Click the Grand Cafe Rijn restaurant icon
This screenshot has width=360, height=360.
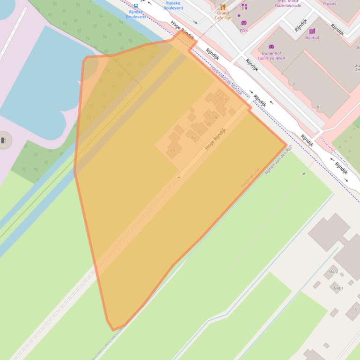point(223,7)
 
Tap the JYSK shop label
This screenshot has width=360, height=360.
point(243,30)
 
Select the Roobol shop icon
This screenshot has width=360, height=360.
point(312,31)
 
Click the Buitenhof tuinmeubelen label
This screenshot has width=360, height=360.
point(271,56)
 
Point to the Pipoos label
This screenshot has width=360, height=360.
point(329,4)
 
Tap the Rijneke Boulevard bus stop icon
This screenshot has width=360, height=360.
point(136,6)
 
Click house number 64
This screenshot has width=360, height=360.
point(173,150)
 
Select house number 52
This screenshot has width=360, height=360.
point(217,94)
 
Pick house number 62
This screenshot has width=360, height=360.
point(193,138)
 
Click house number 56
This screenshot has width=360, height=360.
point(214,117)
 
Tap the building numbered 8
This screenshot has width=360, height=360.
point(318,107)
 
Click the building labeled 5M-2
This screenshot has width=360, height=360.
point(333,272)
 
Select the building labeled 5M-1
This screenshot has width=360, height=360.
point(338,288)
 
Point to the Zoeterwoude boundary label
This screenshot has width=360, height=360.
point(250,178)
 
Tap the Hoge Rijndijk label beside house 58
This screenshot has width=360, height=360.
point(215,138)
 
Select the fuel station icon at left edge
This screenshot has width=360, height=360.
point(4,140)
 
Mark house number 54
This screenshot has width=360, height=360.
point(224,99)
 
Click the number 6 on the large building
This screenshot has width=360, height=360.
point(294,84)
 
